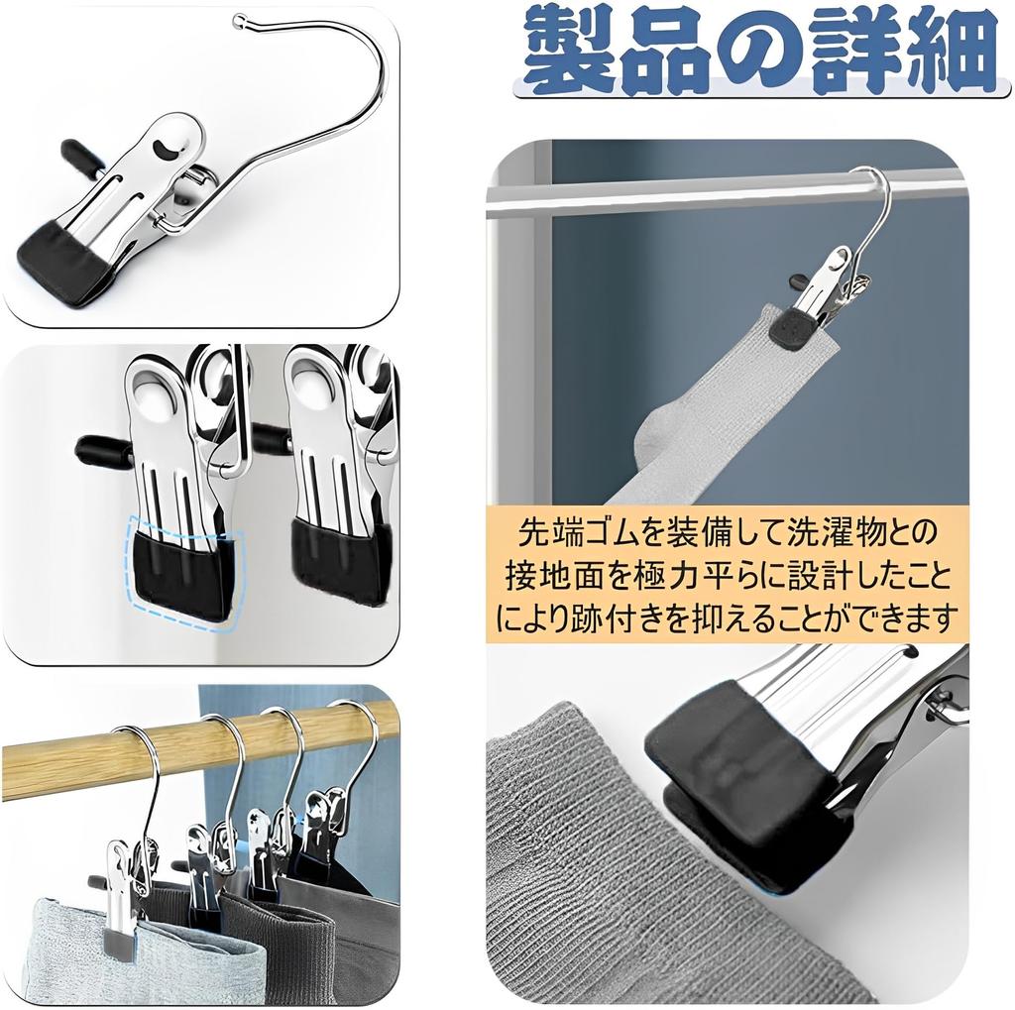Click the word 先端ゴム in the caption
(x=574, y=534)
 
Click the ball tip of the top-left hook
(x=240, y=20)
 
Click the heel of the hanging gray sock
(x=655, y=436)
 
